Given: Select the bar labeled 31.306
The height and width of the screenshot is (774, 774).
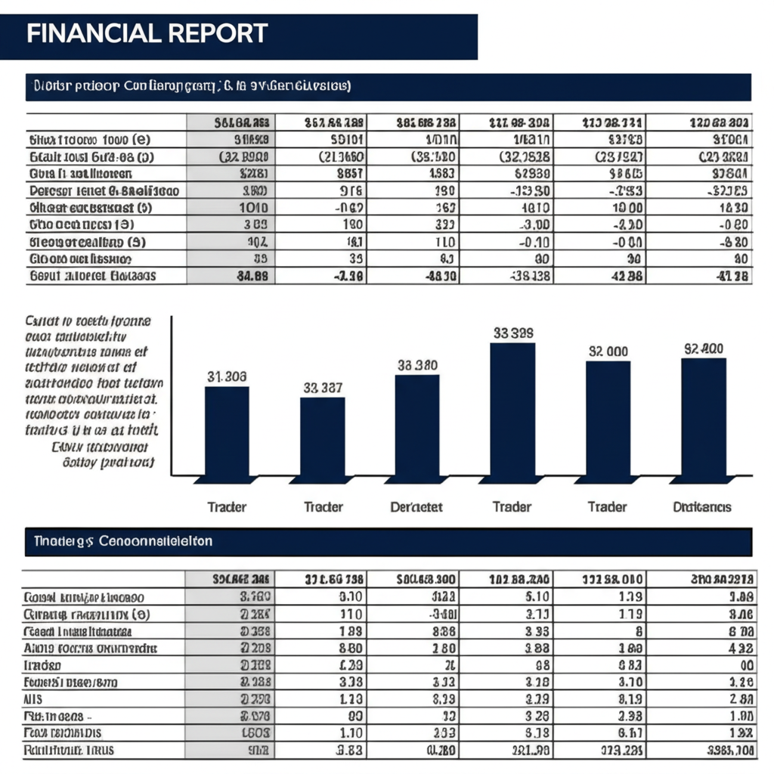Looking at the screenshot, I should (x=227, y=431).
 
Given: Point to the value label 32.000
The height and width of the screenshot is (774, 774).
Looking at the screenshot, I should (x=608, y=351).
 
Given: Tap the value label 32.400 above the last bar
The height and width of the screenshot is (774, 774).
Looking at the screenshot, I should (x=704, y=348).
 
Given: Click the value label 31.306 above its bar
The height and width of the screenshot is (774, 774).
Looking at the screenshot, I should (x=227, y=376).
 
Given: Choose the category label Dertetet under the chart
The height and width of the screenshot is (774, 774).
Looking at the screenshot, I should (x=416, y=506).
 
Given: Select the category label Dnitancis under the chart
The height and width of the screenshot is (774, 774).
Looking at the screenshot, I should (x=702, y=506).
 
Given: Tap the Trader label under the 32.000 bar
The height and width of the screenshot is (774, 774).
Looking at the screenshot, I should (x=607, y=506).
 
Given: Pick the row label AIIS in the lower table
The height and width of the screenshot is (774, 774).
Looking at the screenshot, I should (x=33, y=699).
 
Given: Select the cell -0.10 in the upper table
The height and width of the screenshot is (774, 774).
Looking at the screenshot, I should (x=534, y=242).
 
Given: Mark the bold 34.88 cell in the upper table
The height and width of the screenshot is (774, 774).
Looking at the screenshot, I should (x=252, y=277).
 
